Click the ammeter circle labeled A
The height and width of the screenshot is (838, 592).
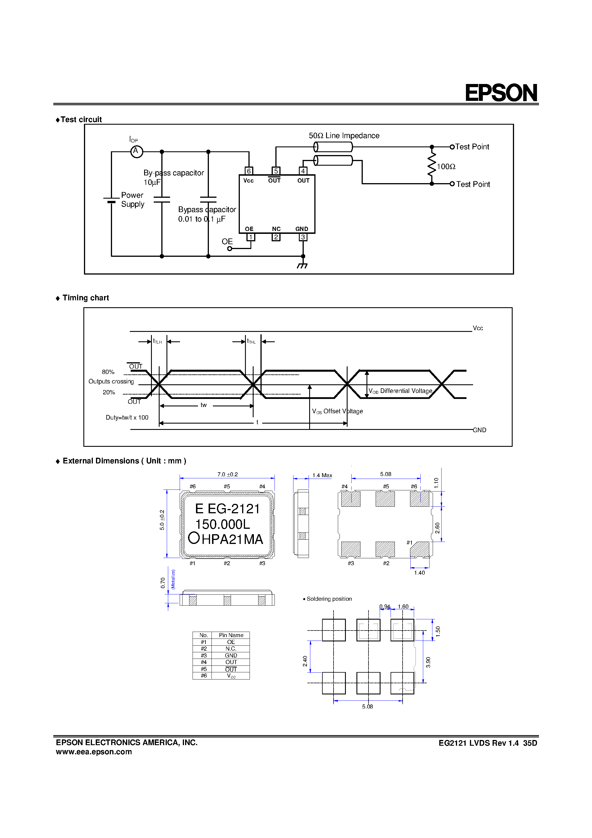136,151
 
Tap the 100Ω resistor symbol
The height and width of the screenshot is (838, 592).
432,165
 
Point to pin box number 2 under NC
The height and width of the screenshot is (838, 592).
276,237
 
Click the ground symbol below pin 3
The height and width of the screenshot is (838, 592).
303,265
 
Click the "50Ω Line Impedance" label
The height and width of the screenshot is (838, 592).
344,136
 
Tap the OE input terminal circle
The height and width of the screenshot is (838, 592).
230,248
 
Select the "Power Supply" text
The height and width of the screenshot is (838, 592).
132,200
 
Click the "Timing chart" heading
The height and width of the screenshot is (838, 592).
85,298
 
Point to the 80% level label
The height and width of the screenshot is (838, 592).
108,372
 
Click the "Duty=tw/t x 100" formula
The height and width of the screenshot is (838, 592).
127,418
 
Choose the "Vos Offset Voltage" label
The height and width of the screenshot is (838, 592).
337,411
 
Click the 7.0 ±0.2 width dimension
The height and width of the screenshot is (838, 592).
228,475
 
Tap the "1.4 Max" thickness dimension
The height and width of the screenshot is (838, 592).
322,475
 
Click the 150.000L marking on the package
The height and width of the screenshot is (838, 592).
223,524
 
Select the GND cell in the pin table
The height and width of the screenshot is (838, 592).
231,655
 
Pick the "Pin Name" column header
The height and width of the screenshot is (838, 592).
231,635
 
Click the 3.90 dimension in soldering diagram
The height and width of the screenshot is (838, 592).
428,662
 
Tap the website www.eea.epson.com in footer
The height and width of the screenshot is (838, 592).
94,752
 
